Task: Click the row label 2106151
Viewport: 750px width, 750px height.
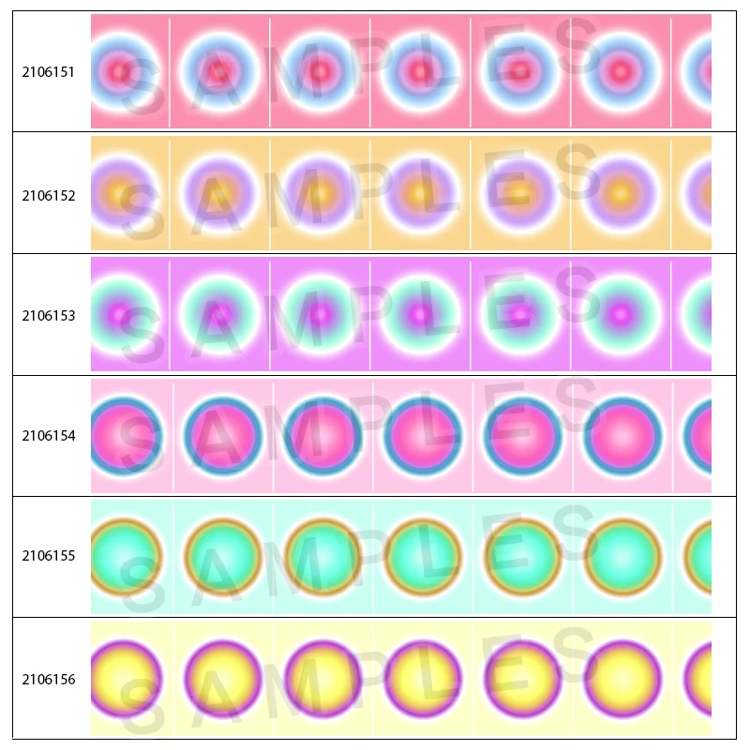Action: pyautogui.click(x=49, y=71)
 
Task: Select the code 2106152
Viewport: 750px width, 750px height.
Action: pyautogui.click(x=49, y=196)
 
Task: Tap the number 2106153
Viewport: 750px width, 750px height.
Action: pyautogui.click(x=49, y=316)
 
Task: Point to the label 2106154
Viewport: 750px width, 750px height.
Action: pyautogui.click(x=49, y=435)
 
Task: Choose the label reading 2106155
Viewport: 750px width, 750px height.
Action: pyautogui.click(x=49, y=555)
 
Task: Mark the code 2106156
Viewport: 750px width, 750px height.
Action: pyautogui.click(x=49, y=679)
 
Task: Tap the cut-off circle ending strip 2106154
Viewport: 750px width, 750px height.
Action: pyautogui.click(x=698, y=436)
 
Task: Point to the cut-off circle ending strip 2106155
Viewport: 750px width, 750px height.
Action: pyautogui.click(x=699, y=556)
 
